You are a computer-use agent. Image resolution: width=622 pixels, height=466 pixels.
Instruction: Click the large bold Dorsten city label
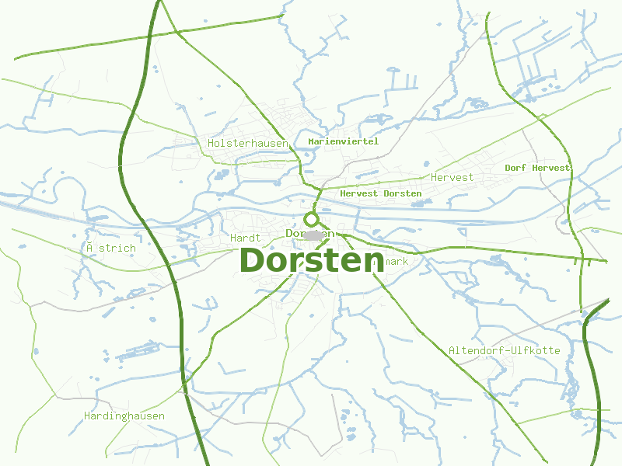pos(312,260)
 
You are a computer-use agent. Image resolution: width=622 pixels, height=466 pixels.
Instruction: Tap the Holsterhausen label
pos(248,143)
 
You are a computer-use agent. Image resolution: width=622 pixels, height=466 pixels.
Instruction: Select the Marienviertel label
pos(343,141)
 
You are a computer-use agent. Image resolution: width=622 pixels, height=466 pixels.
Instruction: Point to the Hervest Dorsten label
pos(381,193)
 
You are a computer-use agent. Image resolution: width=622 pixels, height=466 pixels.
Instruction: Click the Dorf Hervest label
pos(537,168)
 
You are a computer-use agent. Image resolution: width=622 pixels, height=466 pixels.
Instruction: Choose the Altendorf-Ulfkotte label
pos(504,350)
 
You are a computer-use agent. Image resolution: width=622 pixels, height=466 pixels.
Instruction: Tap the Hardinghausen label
pos(124,416)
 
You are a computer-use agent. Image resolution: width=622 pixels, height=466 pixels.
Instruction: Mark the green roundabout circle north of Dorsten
pos(312,220)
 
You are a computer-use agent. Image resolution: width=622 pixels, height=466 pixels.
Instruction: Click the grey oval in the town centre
pos(314,235)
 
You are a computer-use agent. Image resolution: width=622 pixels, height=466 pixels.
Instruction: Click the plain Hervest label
pos(453,177)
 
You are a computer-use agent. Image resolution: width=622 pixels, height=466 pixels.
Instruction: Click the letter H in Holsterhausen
pos(211,143)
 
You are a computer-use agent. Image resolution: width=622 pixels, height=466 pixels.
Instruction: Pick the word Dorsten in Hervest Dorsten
pos(403,193)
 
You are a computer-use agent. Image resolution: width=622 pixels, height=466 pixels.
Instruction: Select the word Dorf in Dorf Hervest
pos(516,168)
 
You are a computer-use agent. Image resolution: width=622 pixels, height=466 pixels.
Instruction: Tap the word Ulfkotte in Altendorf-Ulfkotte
pos(536,350)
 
